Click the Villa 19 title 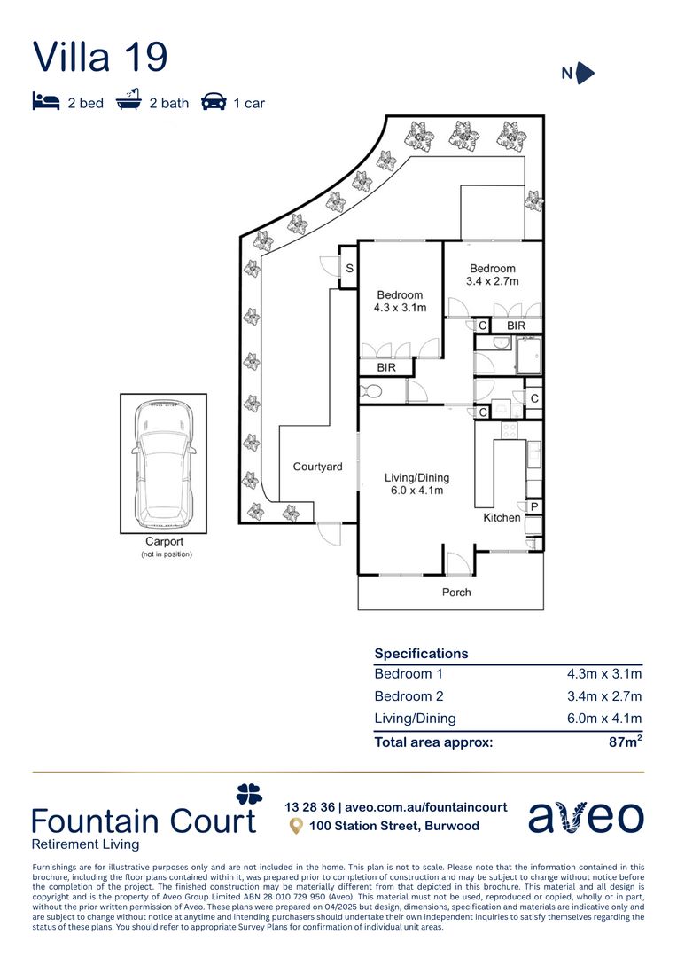tap(99, 57)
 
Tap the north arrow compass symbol tap(584, 74)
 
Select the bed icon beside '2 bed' tap(45, 101)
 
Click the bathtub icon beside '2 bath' tap(129, 101)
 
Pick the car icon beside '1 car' tap(214, 101)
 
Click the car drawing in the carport tap(164, 462)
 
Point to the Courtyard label tap(317, 467)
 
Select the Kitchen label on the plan tap(502, 517)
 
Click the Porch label tap(456, 592)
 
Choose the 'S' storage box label tap(349, 269)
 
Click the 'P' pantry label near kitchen tap(534, 507)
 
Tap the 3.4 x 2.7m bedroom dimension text tap(493, 281)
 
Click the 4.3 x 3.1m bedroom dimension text tap(400, 308)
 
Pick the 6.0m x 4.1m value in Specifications tap(604, 718)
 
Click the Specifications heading tap(421, 654)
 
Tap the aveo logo tap(586, 816)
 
